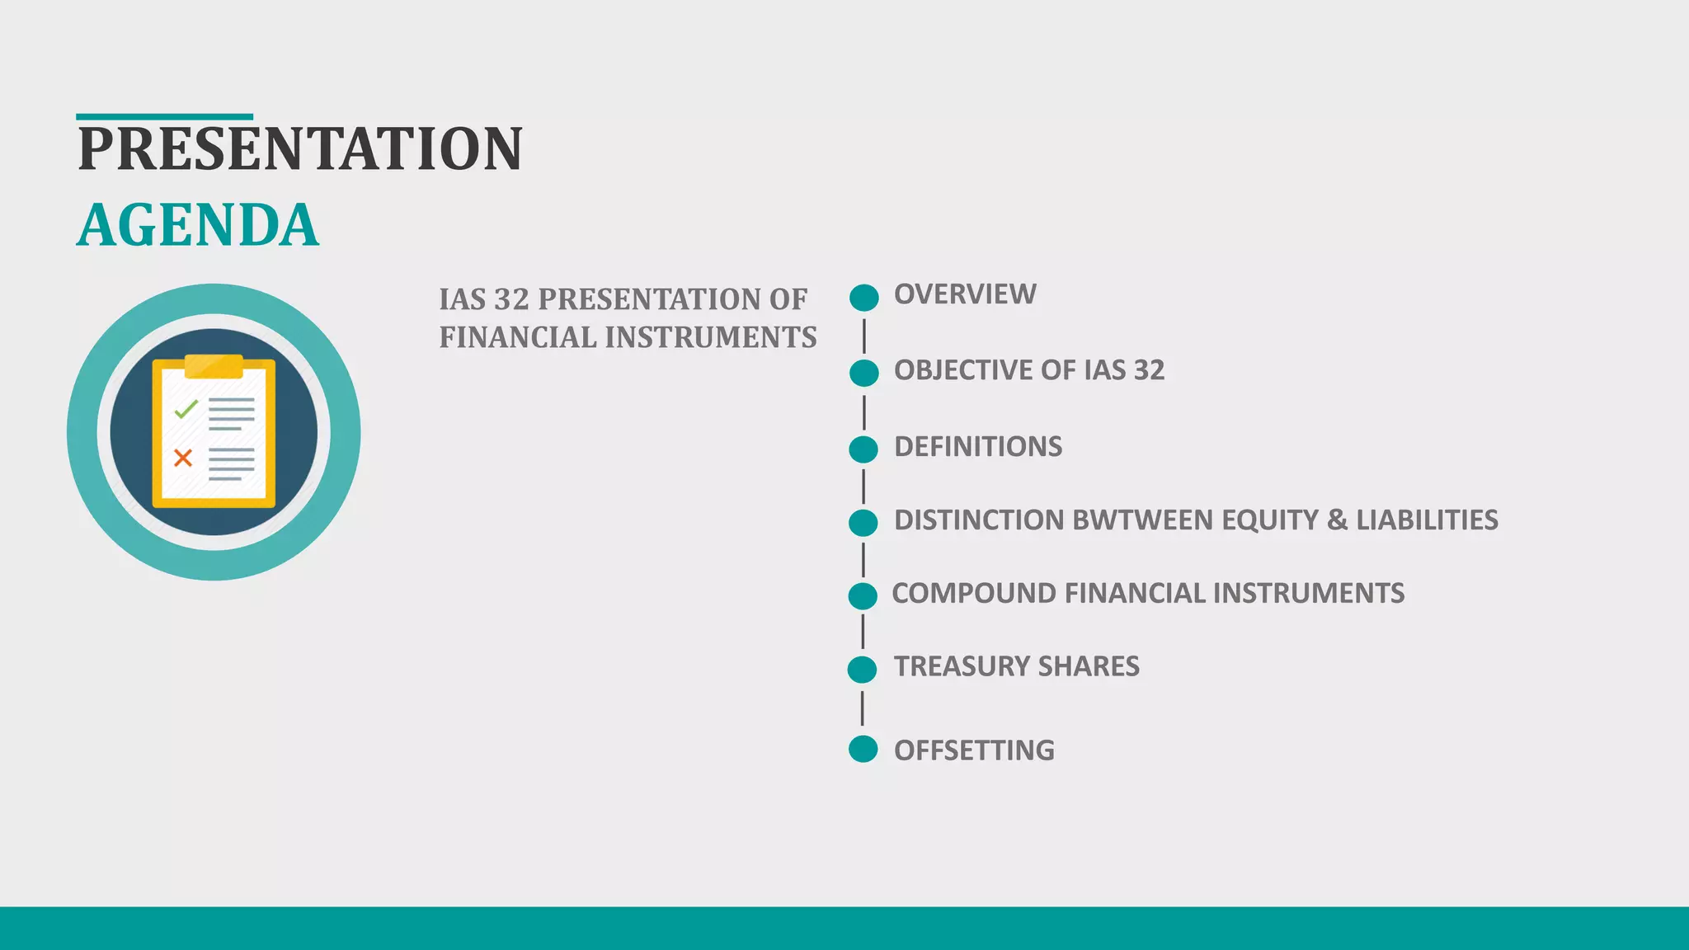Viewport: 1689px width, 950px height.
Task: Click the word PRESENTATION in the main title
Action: [x=300, y=149]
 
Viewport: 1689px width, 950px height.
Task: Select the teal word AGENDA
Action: [x=198, y=225]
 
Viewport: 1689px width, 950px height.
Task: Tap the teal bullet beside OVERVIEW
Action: [x=864, y=298]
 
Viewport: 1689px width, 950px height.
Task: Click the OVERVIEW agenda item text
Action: [x=965, y=294]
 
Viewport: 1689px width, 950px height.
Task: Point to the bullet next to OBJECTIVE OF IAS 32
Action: [x=864, y=373]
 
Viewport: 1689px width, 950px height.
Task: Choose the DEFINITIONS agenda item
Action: [x=978, y=447]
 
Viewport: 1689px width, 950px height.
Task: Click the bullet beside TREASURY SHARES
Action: [x=863, y=669]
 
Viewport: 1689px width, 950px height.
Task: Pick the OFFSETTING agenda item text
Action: [x=974, y=750]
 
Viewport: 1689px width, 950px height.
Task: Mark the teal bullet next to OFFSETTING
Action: [x=863, y=749]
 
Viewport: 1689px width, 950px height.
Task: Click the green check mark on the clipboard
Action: [x=186, y=407]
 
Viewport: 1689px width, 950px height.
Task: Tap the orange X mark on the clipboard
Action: [x=183, y=458]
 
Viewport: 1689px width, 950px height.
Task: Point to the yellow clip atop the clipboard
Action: [x=214, y=365]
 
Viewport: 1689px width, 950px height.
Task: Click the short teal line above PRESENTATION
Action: [x=164, y=117]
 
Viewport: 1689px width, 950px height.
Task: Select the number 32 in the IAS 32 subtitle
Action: [x=511, y=299]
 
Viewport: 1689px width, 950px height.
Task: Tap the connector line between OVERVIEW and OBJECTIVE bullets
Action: [x=864, y=336]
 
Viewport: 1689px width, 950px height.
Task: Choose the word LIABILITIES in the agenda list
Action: [x=1427, y=520]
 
